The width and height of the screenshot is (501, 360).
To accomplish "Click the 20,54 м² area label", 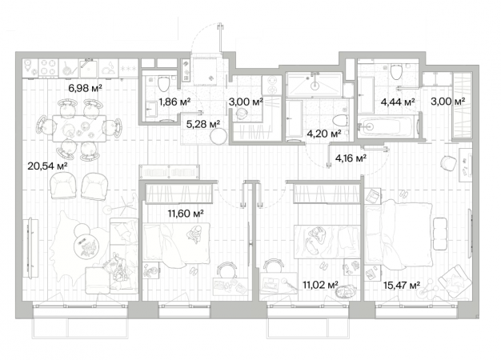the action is tap(47, 166).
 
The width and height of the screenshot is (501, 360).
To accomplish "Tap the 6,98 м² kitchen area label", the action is tap(86, 88).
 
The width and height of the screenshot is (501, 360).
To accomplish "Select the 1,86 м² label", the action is tap(174, 102).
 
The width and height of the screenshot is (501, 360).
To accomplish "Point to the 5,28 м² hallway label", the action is tap(203, 124).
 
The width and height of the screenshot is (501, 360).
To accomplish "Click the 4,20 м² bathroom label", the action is tap(323, 134).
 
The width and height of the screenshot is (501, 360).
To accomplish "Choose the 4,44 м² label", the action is tap(398, 102).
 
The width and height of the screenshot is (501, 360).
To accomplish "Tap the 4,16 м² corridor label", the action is tap(351, 158).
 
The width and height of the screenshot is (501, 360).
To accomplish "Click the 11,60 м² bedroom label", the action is tap(186, 213).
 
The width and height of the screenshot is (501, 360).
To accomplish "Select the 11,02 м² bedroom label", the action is tap(321, 285).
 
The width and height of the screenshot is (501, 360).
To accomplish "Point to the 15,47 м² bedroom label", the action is tap(402, 285).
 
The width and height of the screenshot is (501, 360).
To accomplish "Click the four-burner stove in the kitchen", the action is tap(49, 68).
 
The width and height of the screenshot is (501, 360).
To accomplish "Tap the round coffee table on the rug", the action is tap(86, 246).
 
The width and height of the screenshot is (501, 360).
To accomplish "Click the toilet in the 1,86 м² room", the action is tap(163, 84).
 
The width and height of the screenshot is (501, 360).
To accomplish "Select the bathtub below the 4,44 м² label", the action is tap(387, 126).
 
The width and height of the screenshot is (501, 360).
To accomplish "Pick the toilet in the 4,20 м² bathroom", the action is tap(340, 121).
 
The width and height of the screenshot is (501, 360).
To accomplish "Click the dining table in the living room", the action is tap(79, 129).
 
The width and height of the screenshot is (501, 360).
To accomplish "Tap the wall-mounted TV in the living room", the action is tap(30, 248).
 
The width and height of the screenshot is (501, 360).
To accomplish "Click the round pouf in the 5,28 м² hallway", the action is tap(218, 136).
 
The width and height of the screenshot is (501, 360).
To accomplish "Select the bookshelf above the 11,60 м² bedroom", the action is tap(170, 172).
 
